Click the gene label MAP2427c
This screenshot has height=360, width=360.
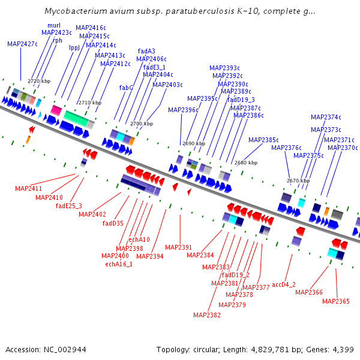(22, 44)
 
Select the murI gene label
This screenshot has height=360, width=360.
(54, 25)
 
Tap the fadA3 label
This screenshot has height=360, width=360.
(146, 51)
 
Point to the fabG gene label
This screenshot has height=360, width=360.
(126, 88)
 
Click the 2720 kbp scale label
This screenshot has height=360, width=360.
(39, 81)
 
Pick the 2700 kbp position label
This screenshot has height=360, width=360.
(142, 124)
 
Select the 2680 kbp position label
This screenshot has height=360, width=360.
(246, 163)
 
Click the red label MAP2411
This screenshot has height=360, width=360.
(28, 188)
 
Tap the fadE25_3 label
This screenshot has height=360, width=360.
(69, 206)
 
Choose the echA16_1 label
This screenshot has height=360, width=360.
(119, 263)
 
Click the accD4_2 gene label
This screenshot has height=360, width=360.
(284, 284)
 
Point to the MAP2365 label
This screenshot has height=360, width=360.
(335, 301)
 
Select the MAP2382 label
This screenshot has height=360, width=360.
(207, 315)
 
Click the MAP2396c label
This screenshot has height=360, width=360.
(183, 110)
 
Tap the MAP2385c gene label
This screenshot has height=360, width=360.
(263, 139)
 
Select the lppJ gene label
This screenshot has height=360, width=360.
(74, 47)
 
